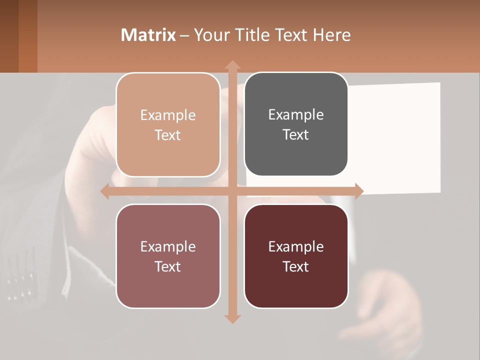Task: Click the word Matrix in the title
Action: pos(148,35)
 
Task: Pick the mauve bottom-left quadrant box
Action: pos(168,285)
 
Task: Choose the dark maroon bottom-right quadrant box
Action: pos(296,285)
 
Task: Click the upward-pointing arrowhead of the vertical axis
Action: pos(232,65)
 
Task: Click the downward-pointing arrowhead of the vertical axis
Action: pos(232,318)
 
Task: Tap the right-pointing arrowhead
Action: pos(358,191)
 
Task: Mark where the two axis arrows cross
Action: pos(232,191)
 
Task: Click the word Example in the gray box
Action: pos(296,115)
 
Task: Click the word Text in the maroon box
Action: pos(296,266)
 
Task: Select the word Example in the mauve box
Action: pos(168,246)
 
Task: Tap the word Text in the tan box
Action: pos(168,135)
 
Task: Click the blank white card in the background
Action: pos(400,135)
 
